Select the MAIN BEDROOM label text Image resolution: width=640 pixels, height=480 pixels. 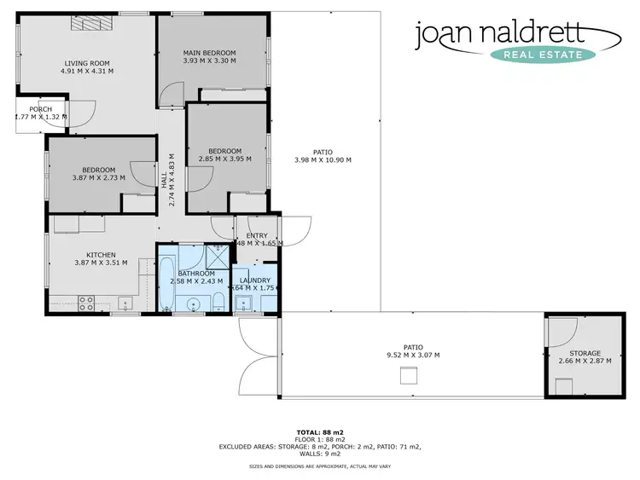tap(209, 53)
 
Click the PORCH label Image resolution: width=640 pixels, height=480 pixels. tap(40, 109)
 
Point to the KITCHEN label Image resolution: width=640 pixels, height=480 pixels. tap(101, 254)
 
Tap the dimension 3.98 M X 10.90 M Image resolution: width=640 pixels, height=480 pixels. tap(323, 160)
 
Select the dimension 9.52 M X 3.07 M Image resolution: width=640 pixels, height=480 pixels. tap(413, 356)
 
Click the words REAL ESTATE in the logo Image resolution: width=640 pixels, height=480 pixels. tap(543, 55)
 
